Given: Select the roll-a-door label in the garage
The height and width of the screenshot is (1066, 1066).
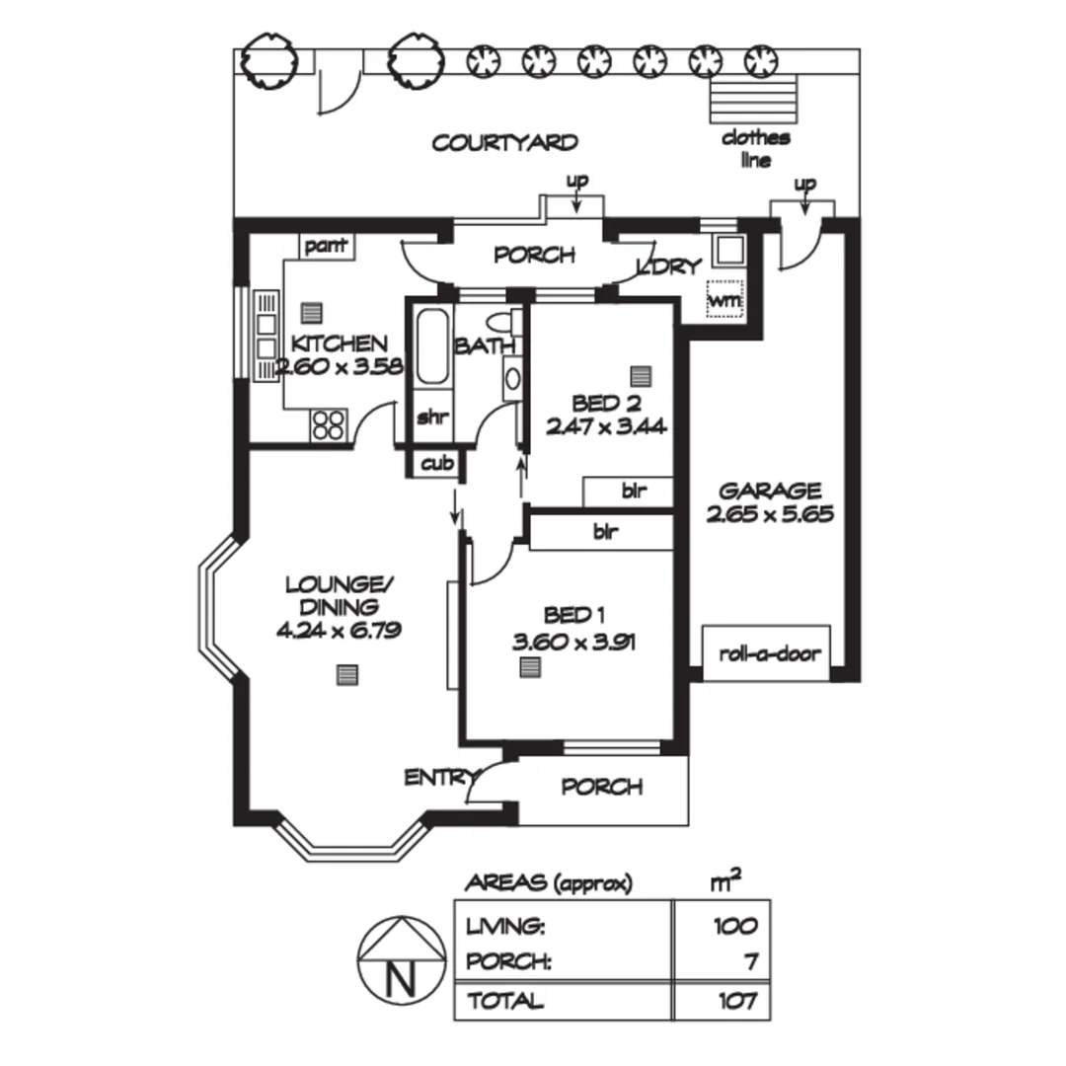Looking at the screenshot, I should tap(769, 653).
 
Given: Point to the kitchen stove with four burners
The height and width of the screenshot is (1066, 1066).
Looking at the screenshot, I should tap(328, 424).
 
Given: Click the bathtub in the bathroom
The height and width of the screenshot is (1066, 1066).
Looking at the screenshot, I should tap(432, 347).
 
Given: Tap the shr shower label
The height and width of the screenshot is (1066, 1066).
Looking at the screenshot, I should tap(431, 417).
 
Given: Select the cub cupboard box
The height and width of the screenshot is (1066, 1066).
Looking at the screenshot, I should tap(432, 463).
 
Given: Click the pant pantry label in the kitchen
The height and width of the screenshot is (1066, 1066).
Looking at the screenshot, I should tap(326, 246).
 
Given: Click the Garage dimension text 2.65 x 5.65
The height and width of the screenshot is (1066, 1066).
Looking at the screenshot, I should tap(770, 514).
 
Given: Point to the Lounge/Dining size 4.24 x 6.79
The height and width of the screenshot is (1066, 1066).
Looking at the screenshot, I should tap(339, 632).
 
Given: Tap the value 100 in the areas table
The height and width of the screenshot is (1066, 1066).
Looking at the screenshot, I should tap(736, 926).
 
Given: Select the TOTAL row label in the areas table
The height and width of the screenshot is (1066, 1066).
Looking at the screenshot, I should tap(505, 1001).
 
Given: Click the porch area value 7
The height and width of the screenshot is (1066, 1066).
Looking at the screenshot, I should tap(751, 961).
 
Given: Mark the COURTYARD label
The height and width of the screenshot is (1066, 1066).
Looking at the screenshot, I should tap(504, 143).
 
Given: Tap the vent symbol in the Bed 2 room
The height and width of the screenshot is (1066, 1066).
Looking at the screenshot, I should tap(642, 376).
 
